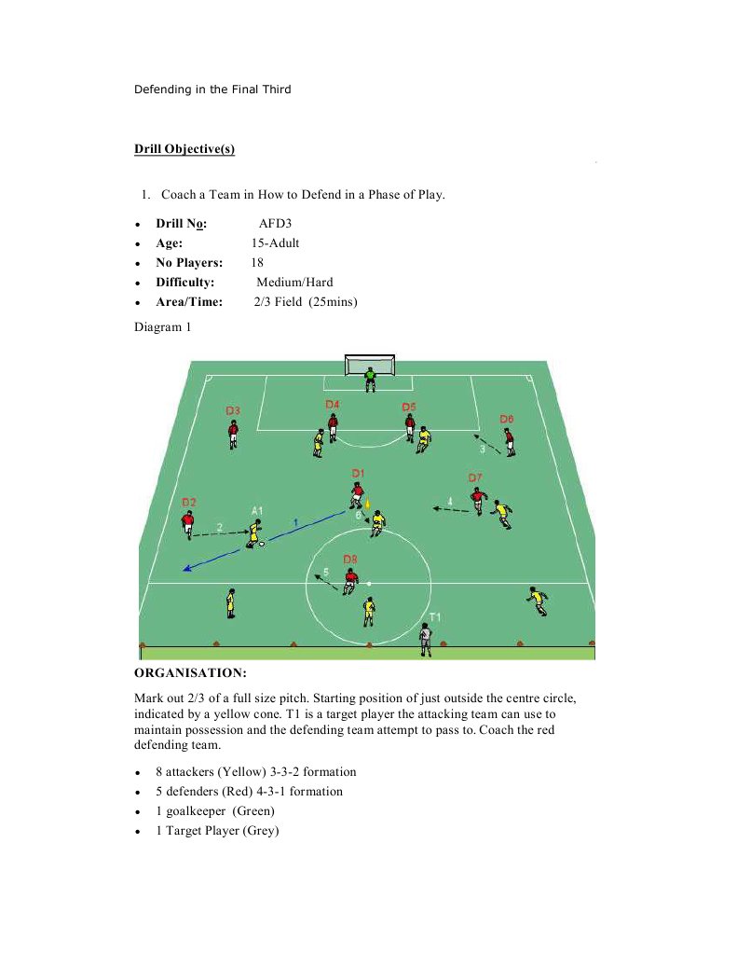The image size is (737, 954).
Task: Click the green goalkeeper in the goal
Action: [x=371, y=379]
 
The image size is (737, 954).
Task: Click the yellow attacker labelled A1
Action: [x=253, y=532]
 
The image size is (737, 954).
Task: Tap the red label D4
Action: [x=332, y=404]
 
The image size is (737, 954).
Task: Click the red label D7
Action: [x=475, y=477]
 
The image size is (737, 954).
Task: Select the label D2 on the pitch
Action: [x=188, y=502]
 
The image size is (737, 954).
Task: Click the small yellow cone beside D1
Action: [x=367, y=505]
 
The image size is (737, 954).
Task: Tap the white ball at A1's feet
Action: [x=262, y=543]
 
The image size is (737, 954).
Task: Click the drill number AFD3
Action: [x=276, y=224]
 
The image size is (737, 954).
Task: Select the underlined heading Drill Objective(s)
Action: [x=184, y=148]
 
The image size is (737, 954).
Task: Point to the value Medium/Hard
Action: [x=294, y=282]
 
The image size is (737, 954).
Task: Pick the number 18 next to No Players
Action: [x=257, y=262]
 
